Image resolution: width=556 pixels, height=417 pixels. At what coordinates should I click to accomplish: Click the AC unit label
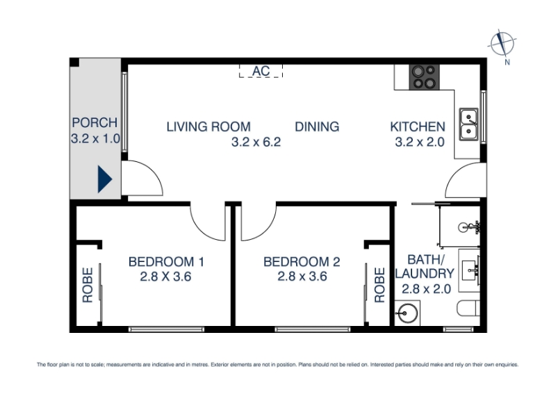(261, 71)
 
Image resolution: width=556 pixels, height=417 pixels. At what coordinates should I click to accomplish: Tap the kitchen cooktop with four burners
(424, 77)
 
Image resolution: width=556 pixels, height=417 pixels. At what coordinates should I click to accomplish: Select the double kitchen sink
(468, 124)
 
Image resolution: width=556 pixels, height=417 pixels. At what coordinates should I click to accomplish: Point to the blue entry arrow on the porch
(105, 179)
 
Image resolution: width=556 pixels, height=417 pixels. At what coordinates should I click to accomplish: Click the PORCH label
(95, 123)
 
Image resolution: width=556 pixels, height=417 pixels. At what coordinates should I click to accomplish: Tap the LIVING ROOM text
(208, 126)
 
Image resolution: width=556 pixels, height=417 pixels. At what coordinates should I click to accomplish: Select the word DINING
(317, 126)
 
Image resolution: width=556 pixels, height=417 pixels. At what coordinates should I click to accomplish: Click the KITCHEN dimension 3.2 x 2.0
(420, 142)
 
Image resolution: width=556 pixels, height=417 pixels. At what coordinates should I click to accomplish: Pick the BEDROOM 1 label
(166, 262)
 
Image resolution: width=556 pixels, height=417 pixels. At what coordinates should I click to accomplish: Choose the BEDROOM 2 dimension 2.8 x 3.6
(302, 276)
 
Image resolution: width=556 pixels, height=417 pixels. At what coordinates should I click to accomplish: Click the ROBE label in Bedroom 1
(88, 285)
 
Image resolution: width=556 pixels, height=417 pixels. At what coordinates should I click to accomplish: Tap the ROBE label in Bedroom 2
(379, 285)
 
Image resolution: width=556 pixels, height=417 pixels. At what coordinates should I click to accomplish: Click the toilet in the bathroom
(468, 309)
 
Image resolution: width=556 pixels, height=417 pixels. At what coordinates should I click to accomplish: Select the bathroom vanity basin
(469, 270)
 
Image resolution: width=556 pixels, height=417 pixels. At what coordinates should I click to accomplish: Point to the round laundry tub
(407, 313)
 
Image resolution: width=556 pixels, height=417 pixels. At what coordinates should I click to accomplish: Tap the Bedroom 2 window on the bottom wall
(313, 329)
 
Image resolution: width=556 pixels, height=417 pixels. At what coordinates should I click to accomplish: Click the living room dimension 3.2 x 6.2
(256, 142)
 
